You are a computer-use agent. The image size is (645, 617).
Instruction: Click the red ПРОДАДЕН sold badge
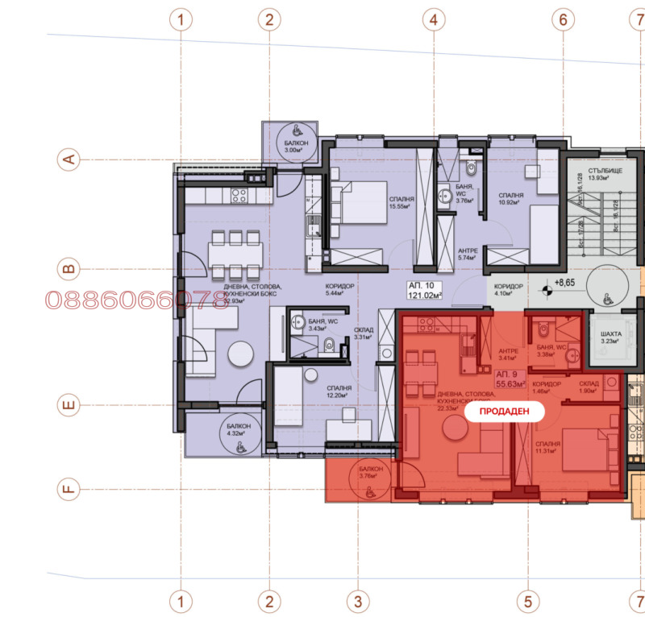click(506, 411)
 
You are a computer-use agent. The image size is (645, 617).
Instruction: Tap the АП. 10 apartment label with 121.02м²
click(425, 290)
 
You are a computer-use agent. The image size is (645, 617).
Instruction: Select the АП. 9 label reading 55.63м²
click(510, 379)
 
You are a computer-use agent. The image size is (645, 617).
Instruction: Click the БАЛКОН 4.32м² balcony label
click(238, 429)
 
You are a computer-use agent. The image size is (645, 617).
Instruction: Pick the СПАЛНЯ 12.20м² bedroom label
click(339, 391)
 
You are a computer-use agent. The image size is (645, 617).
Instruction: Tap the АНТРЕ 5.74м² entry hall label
click(468, 255)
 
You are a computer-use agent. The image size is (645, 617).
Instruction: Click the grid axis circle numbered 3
click(357, 600)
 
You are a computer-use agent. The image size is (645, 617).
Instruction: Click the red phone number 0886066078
click(136, 300)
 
